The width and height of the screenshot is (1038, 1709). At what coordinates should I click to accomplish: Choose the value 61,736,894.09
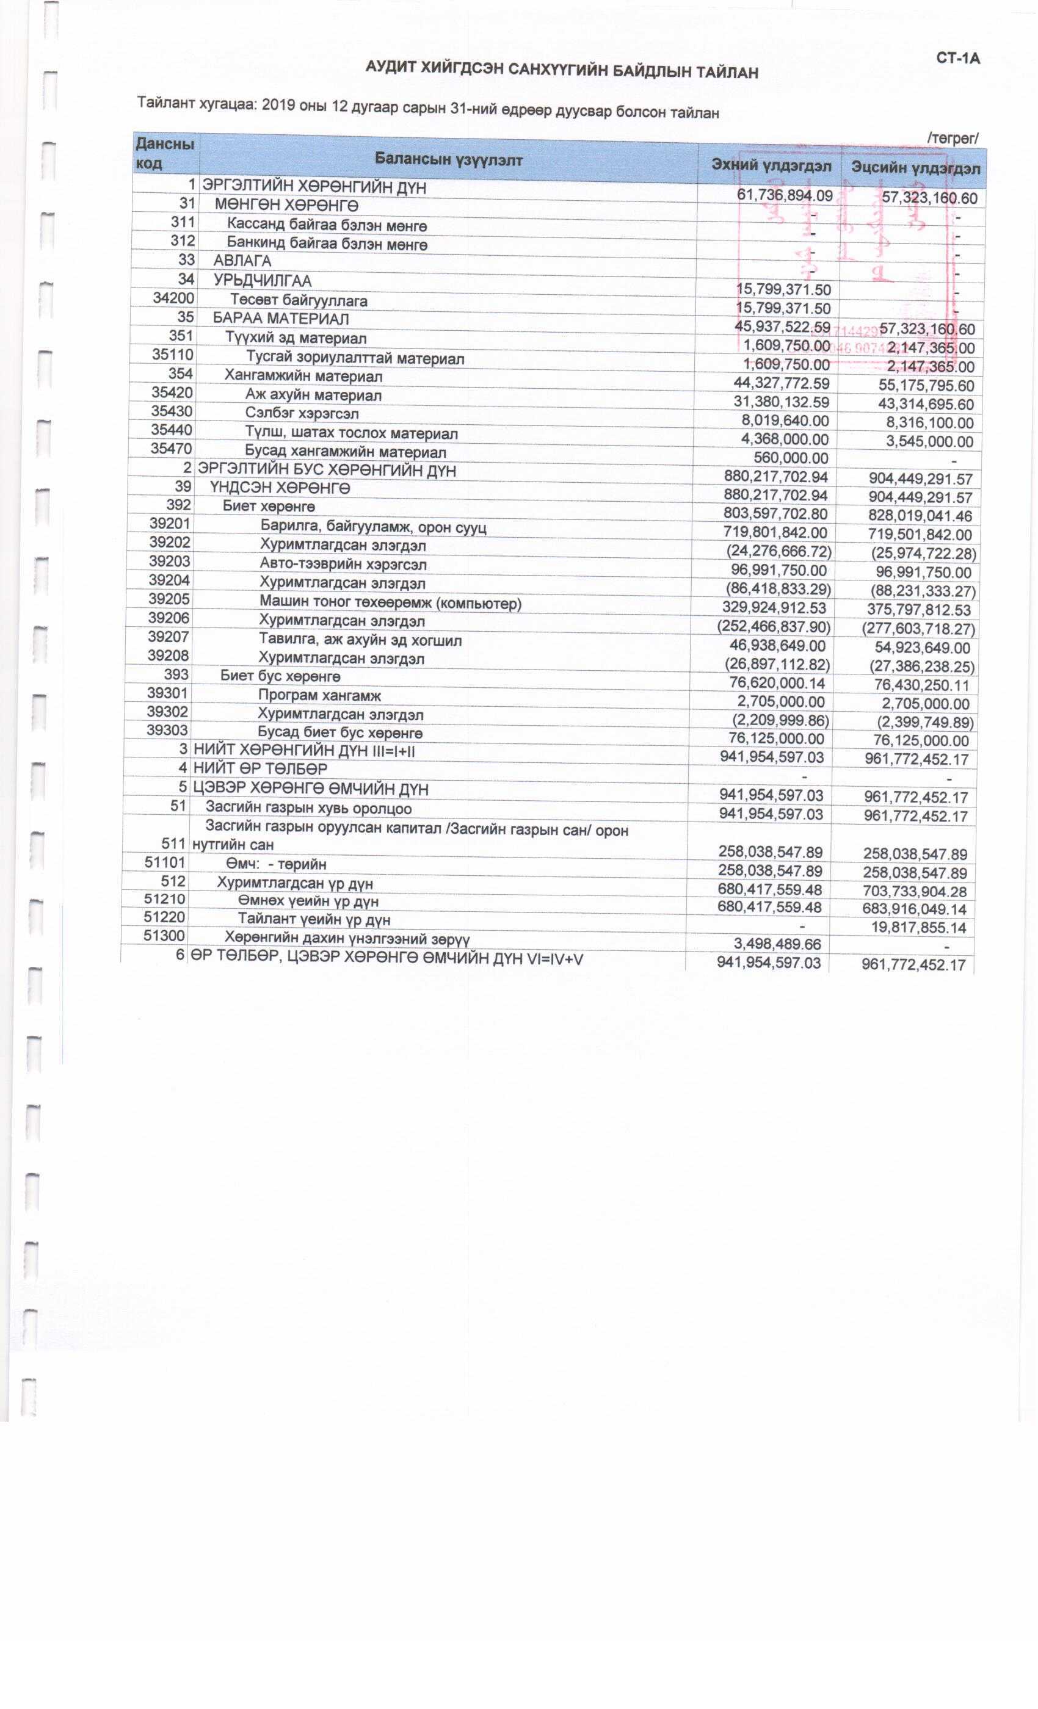tap(784, 195)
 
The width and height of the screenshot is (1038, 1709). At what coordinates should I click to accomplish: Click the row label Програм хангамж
tap(319, 695)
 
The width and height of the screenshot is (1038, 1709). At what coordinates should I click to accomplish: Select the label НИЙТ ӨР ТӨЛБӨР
tap(260, 769)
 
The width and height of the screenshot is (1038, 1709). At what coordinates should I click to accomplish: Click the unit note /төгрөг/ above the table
tap(953, 138)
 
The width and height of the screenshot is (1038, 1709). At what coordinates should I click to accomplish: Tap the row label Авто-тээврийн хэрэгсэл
tap(343, 565)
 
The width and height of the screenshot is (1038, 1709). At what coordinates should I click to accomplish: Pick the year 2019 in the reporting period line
tap(279, 105)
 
